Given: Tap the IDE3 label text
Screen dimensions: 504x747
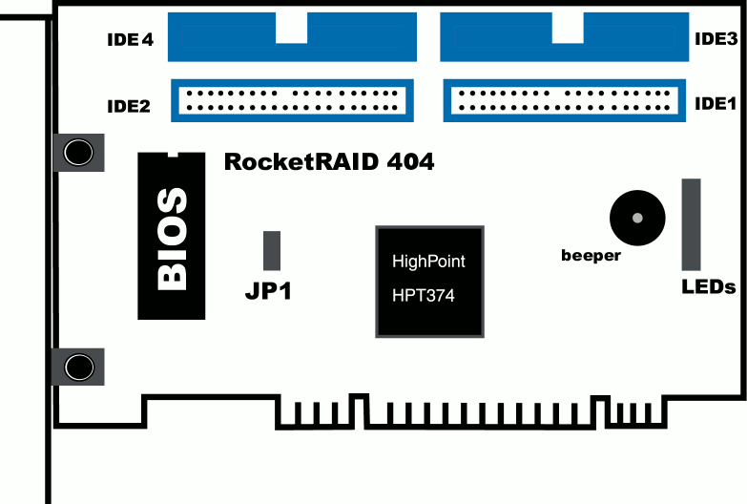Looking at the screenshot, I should pos(716,39).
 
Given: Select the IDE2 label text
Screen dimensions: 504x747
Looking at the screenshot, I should pos(129,106).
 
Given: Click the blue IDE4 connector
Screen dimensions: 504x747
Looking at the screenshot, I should pos(292,36).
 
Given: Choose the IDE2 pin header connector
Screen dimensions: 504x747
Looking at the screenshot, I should pos(292,100).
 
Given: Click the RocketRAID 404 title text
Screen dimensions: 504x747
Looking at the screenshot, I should pos(329,162).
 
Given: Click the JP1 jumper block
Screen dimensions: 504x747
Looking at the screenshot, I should pos(271,250).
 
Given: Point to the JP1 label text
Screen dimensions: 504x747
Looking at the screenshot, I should pos(268,291).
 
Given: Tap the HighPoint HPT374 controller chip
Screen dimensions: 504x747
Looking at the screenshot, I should pos(429,280).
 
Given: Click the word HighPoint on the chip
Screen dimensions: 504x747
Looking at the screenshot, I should pos(429,261).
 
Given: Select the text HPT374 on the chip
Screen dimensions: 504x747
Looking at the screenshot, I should pos(424,296).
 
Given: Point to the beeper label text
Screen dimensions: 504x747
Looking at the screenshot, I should pos(591,256).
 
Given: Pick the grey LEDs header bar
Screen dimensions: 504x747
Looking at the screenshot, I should pos(691,224).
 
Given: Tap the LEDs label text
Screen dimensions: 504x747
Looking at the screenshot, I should pos(708,286).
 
